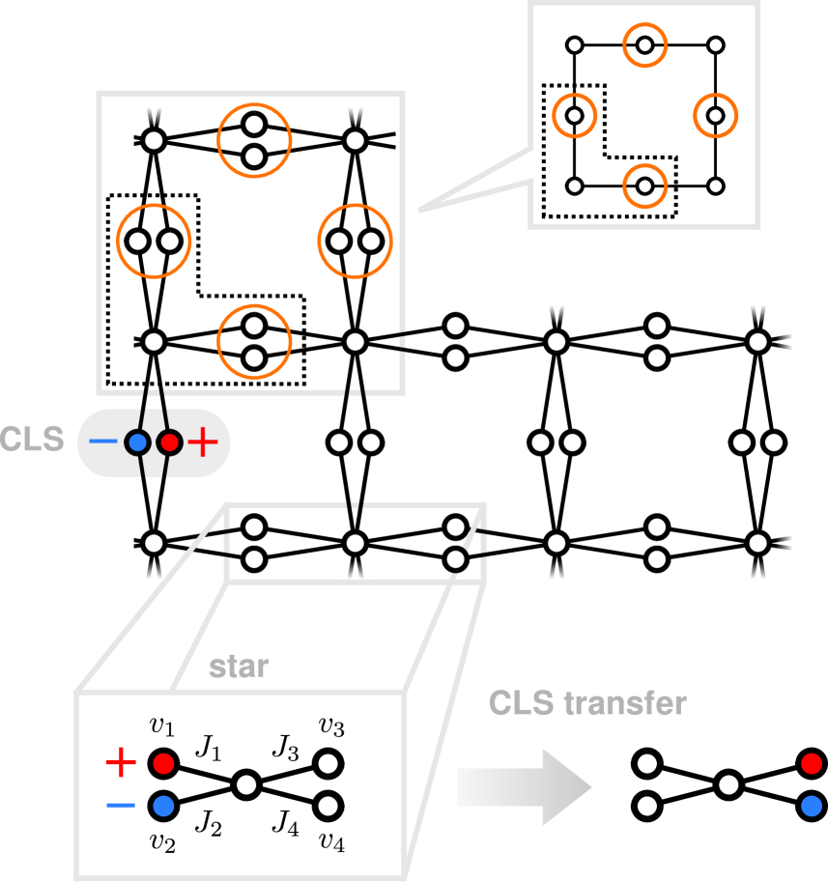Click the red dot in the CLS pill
pyautogui.click(x=169, y=443)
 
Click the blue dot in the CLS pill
pyautogui.click(x=137, y=443)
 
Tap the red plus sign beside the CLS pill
pyautogui.click(x=203, y=443)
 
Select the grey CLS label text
pyautogui.click(x=33, y=441)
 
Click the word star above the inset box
pyautogui.click(x=239, y=668)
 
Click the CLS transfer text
pyautogui.click(x=587, y=703)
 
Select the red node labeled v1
pyautogui.click(x=162, y=763)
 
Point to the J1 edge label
pyautogui.click(x=208, y=746)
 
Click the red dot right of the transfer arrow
pyautogui.click(x=812, y=764)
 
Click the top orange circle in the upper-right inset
pyautogui.click(x=644, y=45)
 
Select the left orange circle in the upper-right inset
pyautogui.click(x=574, y=115)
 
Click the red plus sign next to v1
pyautogui.click(x=121, y=763)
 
